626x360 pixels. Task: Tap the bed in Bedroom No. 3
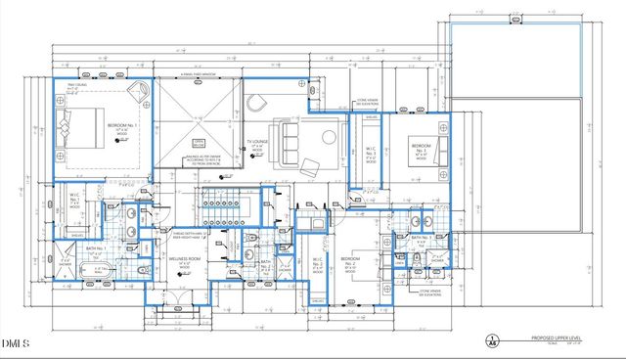pos(437,150)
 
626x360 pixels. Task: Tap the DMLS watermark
pos(17,343)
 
